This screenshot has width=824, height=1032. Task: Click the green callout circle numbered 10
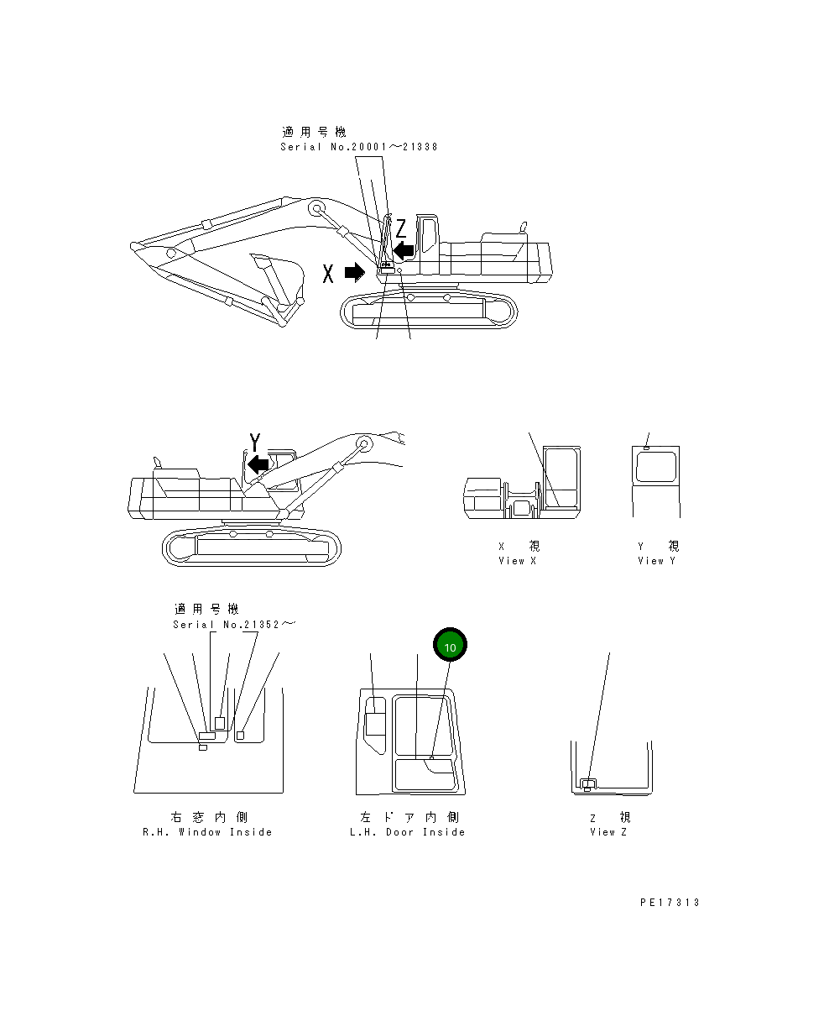[x=450, y=647]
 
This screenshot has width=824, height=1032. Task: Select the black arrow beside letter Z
[x=404, y=250]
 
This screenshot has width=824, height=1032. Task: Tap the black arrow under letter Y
[x=258, y=464]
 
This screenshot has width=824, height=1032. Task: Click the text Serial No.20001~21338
[x=358, y=147]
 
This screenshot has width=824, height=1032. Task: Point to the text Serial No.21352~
[x=234, y=625]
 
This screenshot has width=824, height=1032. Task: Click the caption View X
[x=517, y=561]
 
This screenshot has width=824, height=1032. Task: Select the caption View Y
[x=656, y=561]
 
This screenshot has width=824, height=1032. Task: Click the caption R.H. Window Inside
[x=207, y=832]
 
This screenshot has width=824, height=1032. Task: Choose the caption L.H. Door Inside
[x=407, y=832]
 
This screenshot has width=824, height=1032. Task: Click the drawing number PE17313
[x=669, y=903]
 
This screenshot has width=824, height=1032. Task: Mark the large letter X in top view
[x=329, y=272]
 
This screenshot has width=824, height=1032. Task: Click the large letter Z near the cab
[x=401, y=228]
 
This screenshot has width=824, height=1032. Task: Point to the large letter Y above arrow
[x=254, y=443]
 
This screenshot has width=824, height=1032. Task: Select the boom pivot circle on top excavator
[x=316, y=208]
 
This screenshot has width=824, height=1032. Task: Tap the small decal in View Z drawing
[x=588, y=783]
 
